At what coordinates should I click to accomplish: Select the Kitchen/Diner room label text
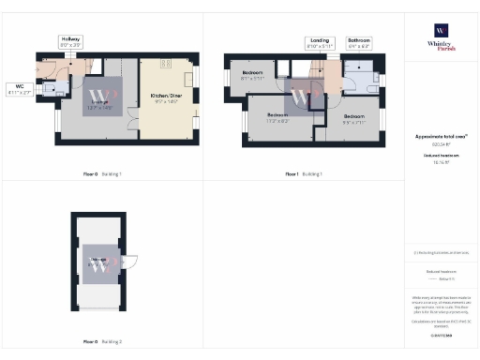tap(165, 97)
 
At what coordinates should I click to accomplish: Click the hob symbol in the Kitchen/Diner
tap(165, 63)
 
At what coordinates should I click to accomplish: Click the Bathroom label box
tap(359, 43)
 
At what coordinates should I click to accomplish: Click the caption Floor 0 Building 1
tap(102, 174)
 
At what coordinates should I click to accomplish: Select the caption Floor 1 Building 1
tap(303, 174)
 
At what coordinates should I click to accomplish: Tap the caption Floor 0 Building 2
tap(102, 342)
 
